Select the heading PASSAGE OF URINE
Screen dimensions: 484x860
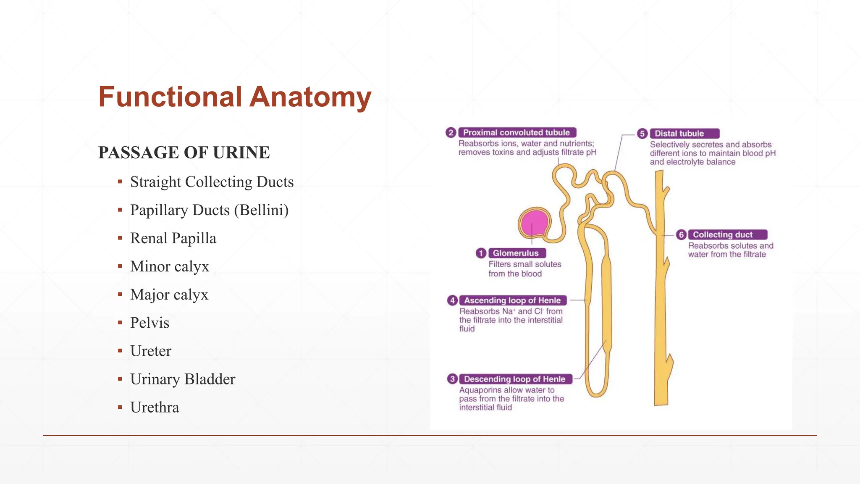pos(184,153)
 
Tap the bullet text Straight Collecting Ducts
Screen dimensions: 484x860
pos(212,182)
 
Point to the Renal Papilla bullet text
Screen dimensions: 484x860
pos(173,238)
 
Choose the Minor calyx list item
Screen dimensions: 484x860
pos(169,266)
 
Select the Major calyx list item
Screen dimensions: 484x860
pos(169,295)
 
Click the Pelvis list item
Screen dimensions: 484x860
pos(149,323)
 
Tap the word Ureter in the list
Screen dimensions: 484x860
pos(151,351)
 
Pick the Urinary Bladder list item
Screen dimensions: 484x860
pos(183,379)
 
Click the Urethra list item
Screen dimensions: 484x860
pos(155,407)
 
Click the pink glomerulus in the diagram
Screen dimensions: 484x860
pos(534,223)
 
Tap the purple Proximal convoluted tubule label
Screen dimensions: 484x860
pos(517,133)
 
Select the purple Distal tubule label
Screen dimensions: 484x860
pos(684,134)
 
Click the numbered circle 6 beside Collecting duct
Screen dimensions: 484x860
pos(681,235)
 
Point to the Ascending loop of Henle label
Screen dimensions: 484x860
pos(512,300)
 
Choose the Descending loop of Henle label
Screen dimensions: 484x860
pos(515,379)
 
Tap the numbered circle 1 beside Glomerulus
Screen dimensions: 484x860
pos(481,253)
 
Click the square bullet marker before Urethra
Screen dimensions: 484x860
pos(120,407)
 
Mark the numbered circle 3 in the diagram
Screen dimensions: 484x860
pos(452,379)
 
